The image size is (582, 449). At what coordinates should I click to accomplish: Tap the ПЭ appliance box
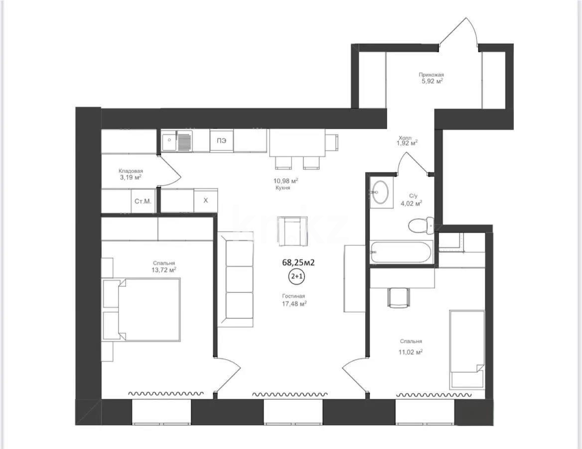click(x=222, y=141)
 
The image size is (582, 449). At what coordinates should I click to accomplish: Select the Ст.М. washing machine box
click(x=143, y=201)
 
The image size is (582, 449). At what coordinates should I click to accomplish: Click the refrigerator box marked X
click(x=206, y=201)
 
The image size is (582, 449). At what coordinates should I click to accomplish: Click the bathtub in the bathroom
click(x=402, y=252)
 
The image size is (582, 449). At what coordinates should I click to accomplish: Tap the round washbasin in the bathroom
click(x=381, y=192)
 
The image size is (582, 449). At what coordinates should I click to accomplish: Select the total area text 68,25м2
click(x=298, y=262)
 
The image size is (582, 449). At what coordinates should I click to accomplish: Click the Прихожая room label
click(x=432, y=75)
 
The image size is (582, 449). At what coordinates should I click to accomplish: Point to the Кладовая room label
click(x=131, y=171)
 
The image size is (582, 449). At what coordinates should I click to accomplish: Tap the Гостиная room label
click(x=293, y=296)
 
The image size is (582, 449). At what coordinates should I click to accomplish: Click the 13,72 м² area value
click(x=163, y=270)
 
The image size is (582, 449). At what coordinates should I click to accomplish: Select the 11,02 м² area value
click(x=411, y=352)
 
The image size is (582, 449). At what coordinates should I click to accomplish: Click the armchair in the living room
click(x=293, y=231)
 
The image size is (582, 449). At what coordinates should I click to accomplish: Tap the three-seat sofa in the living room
click(x=235, y=279)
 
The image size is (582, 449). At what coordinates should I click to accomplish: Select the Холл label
click(x=405, y=138)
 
